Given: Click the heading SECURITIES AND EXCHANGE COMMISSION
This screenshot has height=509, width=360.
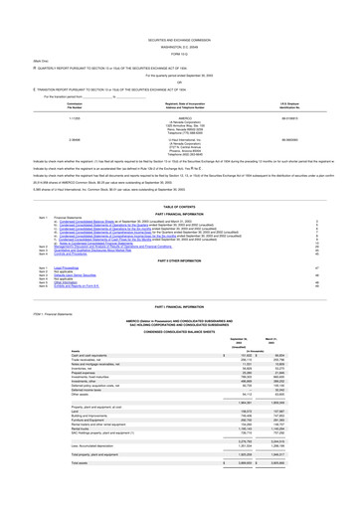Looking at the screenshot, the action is tap(180, 8).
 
